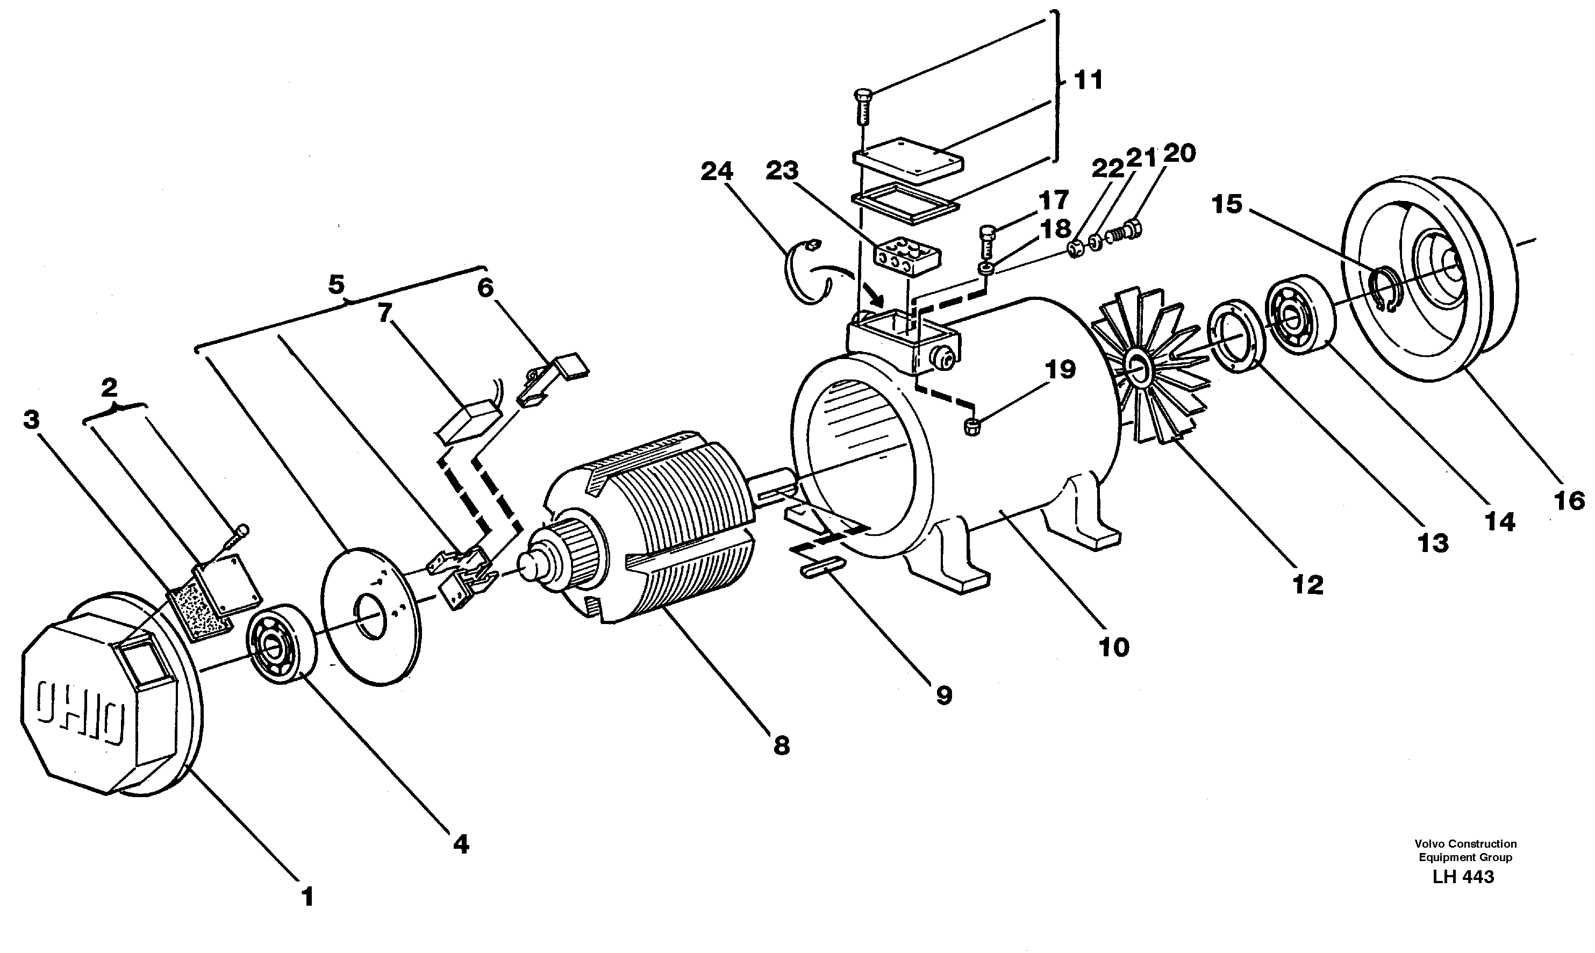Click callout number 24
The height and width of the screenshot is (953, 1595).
tap(717, 171)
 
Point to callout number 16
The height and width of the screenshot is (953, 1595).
tap(1569, 501)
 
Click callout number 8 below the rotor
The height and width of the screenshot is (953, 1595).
tap(781, 746)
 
